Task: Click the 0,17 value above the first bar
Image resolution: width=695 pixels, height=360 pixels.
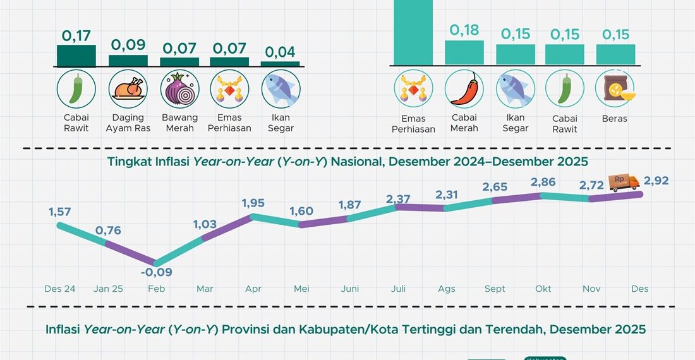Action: (76, 36)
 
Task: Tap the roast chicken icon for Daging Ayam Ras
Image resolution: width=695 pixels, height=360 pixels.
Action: (128, 90)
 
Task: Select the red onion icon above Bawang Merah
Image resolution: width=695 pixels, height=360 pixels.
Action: (179, 90)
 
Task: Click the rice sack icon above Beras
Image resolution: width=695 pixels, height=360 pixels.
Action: (615, 90)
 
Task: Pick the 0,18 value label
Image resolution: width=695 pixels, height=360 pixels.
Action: (464, 30)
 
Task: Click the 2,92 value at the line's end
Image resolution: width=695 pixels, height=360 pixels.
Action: (656, 181)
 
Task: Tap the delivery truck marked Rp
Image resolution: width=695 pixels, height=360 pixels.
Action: (624, 183)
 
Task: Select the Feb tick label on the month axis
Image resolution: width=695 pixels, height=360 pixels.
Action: (157, 289)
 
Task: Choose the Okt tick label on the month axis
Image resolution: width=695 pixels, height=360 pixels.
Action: (543, 289)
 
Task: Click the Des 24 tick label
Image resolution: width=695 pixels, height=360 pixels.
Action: (60, 289)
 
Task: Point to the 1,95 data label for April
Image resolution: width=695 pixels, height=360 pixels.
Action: (253, 203)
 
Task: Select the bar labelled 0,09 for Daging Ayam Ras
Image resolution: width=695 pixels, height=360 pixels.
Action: (128, 61)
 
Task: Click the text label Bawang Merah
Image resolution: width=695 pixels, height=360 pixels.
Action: (179, 123)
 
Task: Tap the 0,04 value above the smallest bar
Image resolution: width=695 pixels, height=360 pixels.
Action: (281, 52)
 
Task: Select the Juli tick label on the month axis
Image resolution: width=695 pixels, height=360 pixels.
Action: (399, 289)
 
